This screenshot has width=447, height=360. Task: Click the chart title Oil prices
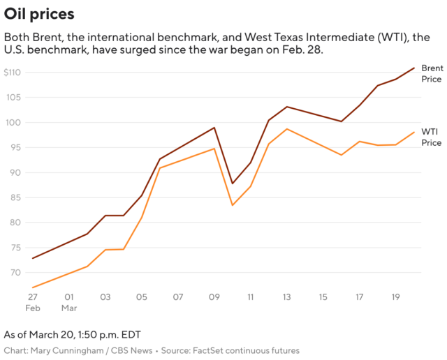pos(39,14)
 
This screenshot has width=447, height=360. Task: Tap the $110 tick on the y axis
pos(13,73)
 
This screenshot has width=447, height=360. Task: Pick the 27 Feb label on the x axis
pos(32,302)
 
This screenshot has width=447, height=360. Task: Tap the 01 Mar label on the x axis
pos(68,302)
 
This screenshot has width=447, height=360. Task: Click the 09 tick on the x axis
pos(214,297)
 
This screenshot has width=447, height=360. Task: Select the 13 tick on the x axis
pos(287,297)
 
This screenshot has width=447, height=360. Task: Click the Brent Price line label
pos(431,73)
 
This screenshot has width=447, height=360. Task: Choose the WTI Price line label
pos(431,137)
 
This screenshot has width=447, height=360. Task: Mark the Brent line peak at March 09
pos(214,128)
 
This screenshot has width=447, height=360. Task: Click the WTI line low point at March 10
pos(233,205)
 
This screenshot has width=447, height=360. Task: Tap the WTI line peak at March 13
pos(287,129)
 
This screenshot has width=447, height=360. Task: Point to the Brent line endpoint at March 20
pos(414,68)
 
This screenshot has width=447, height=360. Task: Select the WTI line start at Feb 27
pos(32,287)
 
